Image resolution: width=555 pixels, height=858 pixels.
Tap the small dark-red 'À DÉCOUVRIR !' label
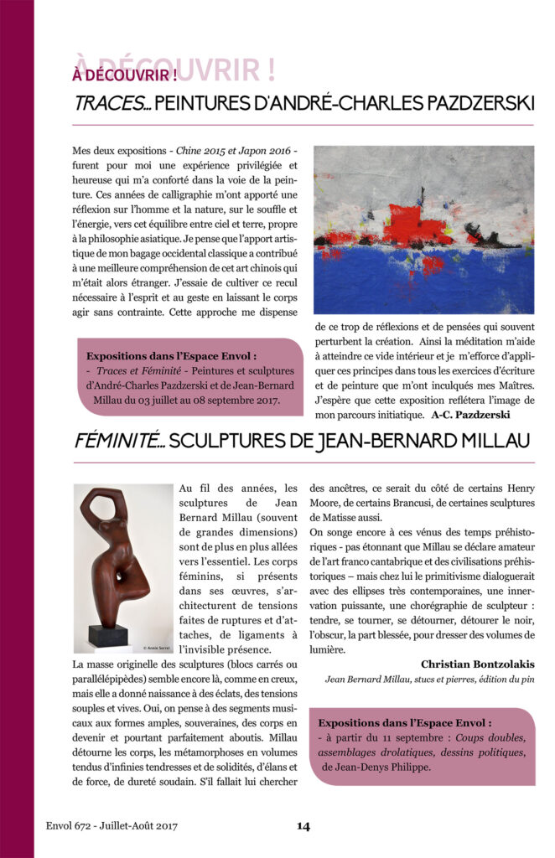pyautogui.click(x=124, y=75)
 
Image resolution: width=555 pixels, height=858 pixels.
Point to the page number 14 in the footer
pyautogui.click(x=303, y=826)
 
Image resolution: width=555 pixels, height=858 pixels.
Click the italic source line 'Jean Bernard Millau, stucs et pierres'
pyautogui.click(x=402, y=680)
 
